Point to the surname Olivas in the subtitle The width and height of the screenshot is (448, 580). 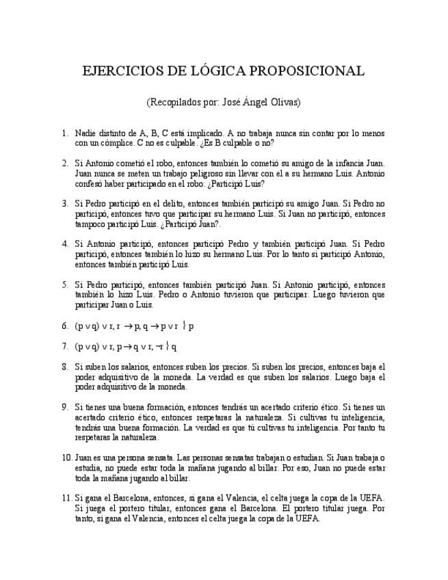[x=283, y=102]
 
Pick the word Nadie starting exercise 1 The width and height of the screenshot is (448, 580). [x=85, y=133]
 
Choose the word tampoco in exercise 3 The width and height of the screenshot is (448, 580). [x=90, y=224]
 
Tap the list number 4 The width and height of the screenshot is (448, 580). [x=64, y=244]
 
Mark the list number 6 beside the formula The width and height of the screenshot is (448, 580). [x=64, y=326]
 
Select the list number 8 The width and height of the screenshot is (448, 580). [x=64, y=367]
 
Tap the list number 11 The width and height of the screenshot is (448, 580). [x=66, y=498]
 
